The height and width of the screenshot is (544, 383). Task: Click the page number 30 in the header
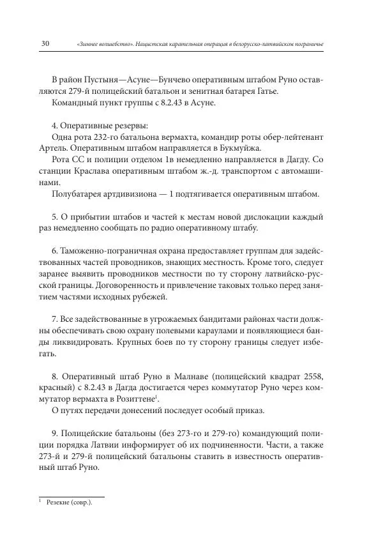coord(45,43)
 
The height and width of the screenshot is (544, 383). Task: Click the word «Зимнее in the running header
coord(89,44)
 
